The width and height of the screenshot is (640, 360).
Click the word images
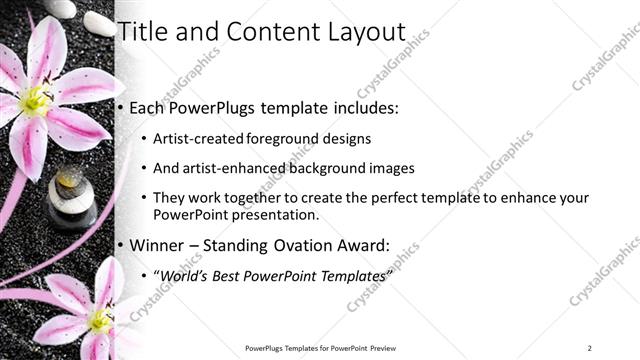392,169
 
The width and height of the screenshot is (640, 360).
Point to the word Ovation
320,245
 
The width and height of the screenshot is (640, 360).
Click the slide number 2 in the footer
590,348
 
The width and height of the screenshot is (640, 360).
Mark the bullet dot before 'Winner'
121,245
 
